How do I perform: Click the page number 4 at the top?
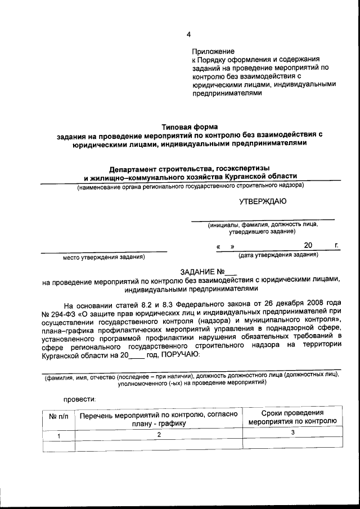(x=188, y=34)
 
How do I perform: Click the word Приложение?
(x=213, y=51)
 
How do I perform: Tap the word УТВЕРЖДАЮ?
(x=263, y=201)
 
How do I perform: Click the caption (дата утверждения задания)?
(x=278, y=255)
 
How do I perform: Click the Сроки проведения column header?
(x=292, y=412)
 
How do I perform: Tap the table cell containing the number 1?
(x=58, y=435)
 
